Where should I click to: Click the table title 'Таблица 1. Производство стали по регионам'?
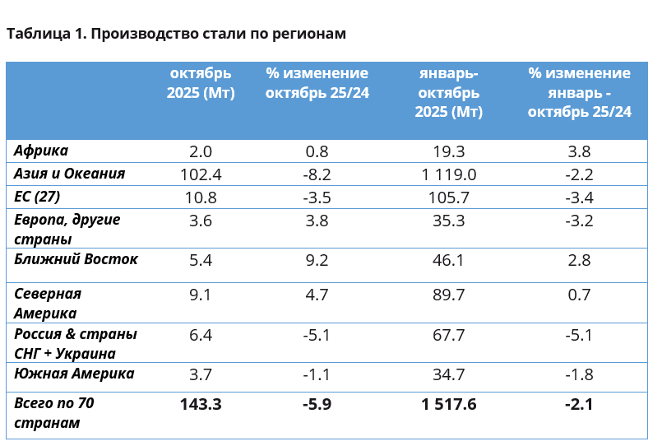176,34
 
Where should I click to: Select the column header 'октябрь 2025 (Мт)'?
201,83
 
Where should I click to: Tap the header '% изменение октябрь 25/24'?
317,83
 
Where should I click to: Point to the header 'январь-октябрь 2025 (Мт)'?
449,92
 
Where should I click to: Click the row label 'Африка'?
41,151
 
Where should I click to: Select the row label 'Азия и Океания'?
70,174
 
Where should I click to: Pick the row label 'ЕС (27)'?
38,197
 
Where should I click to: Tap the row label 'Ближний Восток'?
76,259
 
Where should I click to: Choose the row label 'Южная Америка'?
75,374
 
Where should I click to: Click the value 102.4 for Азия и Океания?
201,174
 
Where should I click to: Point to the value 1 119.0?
449,174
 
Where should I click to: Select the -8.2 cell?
317,174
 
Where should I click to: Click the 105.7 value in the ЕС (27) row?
449,197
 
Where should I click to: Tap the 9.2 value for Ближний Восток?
317,261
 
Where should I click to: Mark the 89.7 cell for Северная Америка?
449,295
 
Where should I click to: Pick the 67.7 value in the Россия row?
449,335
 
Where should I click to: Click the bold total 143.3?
201,404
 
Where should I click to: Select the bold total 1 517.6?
449,404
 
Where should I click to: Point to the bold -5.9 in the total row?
317,404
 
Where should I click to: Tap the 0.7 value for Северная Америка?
580,295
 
